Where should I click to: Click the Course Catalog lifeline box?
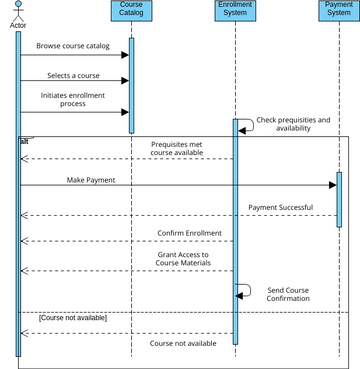130,11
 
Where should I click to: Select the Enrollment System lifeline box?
235,11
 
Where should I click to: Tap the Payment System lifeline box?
338,11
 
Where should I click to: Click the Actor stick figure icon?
18,9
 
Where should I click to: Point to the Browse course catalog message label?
73,46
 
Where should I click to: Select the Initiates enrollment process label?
73,99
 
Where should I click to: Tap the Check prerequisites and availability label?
293,124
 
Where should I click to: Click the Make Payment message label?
91,180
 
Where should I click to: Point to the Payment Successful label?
280,207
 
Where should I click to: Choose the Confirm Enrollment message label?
189,233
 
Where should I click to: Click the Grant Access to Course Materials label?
183,259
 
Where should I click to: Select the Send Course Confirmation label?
288,295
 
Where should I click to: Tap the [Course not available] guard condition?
72,318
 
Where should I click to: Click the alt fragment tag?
25,141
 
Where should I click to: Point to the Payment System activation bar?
338,200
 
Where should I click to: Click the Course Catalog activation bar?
130,85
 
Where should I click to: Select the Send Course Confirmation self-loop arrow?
246,290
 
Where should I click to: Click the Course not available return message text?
183,343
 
